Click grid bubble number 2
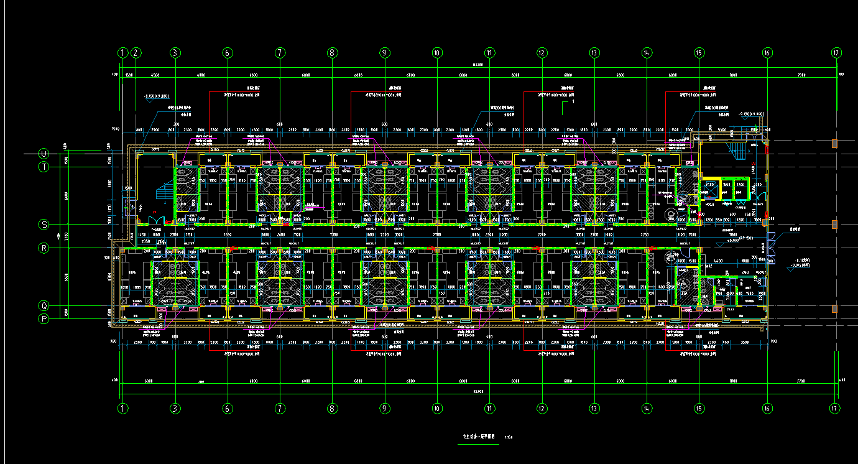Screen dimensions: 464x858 [x=136, y=53]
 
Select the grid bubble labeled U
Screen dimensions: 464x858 [x=44, y=153]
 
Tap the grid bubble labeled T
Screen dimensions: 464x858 [x=44, y=167]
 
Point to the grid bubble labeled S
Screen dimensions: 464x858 [x=44, y=224]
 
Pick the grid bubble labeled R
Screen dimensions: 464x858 [x=44, y=248]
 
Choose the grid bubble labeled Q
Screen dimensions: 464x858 [x=44, y=305]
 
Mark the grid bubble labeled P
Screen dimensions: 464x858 [x=44, y=319]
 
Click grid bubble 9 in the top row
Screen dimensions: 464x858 [x=385, y=53]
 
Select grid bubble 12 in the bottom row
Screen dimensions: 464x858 [x=542, y=409]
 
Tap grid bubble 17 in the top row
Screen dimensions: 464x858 [x=836, y=53]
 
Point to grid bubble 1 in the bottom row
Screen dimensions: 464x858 [x=123, y=409]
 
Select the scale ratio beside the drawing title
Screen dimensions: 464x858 [x=509, y=437]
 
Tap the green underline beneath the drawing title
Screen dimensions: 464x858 [x=478, y=443]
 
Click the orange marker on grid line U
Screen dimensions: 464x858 [x=834, y=144]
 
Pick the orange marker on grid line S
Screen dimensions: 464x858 [x=834, y=224]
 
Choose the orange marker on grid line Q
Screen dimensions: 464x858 [x=834, y=309]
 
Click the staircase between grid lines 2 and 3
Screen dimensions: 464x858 [x=162, y=192]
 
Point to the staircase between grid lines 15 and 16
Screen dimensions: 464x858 [x=737, y=151]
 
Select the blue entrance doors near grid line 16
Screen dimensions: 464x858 [x=772, y=244]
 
